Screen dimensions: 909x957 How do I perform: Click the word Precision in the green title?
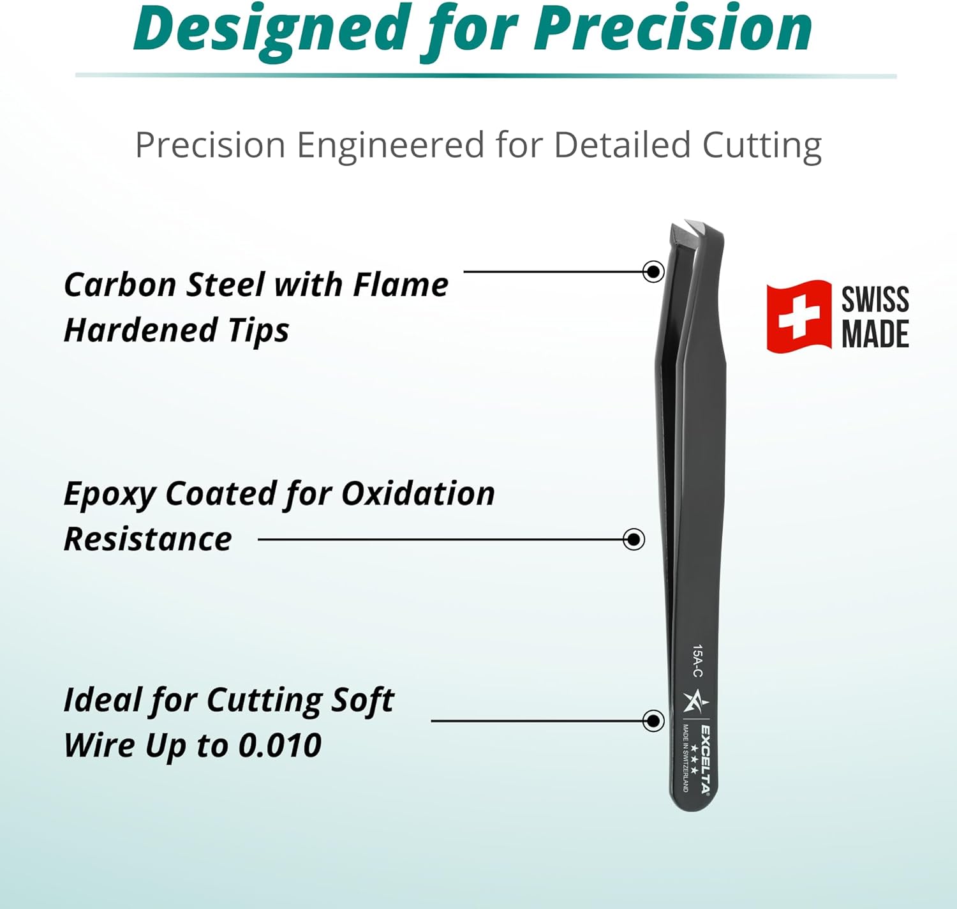pos(673,29)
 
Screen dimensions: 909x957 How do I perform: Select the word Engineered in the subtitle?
pos(389,145)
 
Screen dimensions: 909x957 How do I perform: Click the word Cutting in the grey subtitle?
pos(762,145)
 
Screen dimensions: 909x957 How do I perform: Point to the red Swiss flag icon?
pos(799,316)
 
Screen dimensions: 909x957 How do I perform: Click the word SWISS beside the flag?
pos(875,299)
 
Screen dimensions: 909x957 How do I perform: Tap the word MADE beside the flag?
pos(875,334)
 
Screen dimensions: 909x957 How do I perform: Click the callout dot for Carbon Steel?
pos(653,272)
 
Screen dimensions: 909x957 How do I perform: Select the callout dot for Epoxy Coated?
pos(634,539)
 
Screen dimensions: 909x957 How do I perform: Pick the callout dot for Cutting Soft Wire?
pos(653,721)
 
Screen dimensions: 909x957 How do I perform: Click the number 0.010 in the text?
pos(279,746)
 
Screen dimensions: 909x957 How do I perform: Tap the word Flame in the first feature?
pos(401,285)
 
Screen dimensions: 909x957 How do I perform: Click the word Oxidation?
pos(418,493)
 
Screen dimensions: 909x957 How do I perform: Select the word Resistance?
pos(147,539)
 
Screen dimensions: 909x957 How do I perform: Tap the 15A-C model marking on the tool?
pos(698,661)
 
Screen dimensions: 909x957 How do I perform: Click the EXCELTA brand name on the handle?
pos(706,760)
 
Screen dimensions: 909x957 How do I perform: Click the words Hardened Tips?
pos(176,331)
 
